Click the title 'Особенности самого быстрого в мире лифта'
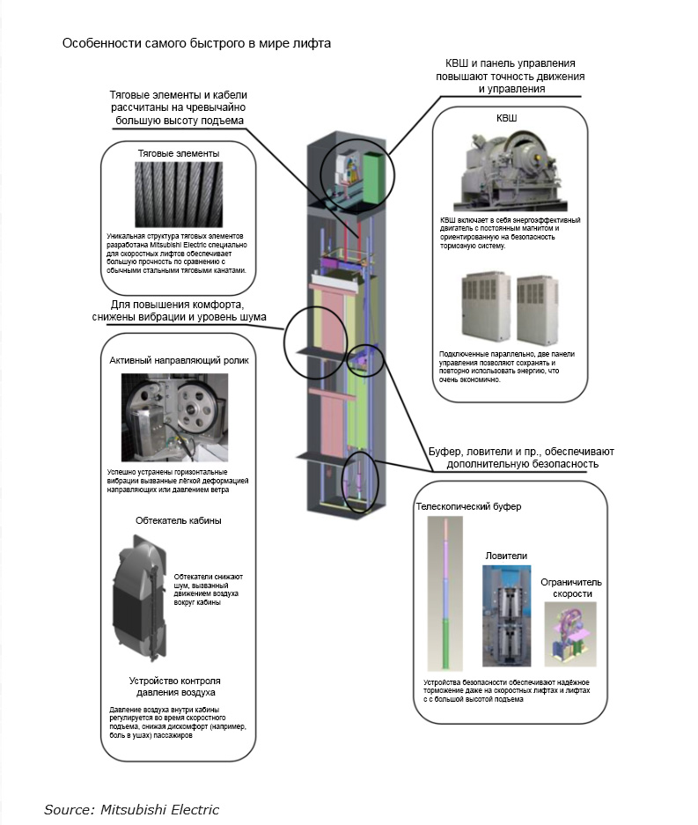196,43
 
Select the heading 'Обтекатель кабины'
179,520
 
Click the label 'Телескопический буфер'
468,506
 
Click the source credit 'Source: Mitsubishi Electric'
131,809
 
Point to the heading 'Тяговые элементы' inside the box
179,153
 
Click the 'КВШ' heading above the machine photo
507,118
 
